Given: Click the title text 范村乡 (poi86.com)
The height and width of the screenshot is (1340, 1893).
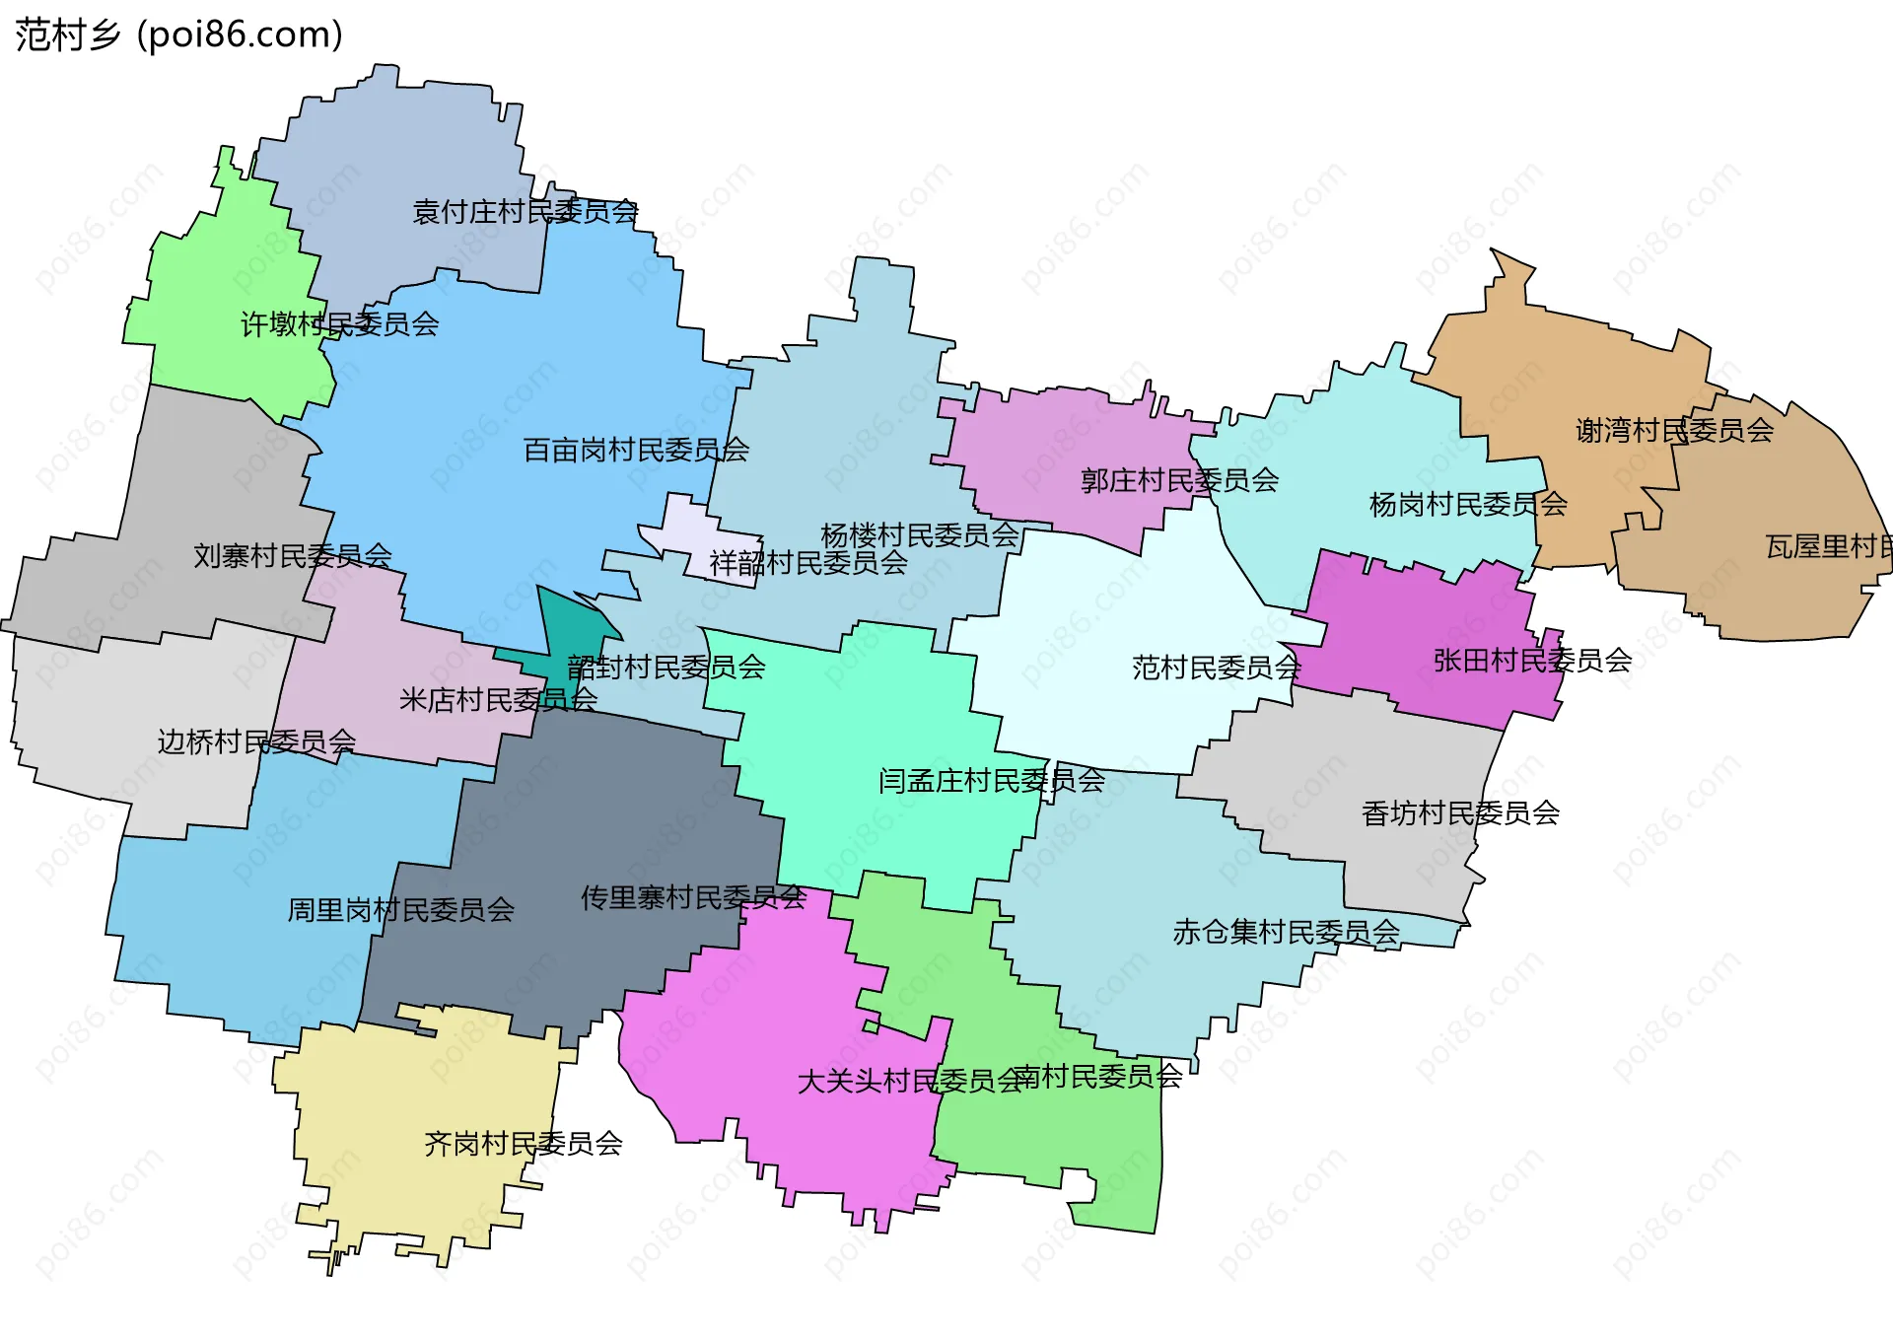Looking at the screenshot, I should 178,35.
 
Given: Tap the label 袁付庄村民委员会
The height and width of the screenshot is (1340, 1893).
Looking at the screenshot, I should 525,212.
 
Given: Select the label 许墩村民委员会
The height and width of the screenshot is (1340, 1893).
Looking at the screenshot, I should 339,324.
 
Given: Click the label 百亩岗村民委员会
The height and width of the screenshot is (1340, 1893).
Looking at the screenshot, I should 635,451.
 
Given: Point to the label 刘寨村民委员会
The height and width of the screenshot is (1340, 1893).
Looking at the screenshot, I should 292,556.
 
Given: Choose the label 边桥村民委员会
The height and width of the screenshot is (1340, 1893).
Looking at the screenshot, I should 256,741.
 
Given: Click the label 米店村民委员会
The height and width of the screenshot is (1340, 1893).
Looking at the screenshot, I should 497,700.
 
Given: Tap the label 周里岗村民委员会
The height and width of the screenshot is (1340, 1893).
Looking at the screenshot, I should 400,910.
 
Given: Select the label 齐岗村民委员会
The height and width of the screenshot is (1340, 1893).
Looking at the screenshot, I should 523,1144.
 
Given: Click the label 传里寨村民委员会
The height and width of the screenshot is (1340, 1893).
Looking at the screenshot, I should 693,898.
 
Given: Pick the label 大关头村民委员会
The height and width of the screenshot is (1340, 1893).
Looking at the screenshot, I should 909,1082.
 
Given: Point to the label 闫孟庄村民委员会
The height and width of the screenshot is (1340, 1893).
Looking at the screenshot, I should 991,781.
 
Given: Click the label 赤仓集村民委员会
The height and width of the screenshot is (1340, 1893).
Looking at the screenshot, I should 1286,932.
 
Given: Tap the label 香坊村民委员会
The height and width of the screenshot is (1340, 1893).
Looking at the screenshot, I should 1459,813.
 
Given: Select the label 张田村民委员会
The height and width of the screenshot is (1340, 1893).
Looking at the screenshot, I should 1532,661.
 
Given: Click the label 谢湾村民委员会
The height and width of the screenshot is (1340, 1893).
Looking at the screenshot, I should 1674,431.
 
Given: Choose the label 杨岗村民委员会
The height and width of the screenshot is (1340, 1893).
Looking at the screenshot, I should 1467,505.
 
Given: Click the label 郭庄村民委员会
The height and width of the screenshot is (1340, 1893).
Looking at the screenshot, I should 1179,481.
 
